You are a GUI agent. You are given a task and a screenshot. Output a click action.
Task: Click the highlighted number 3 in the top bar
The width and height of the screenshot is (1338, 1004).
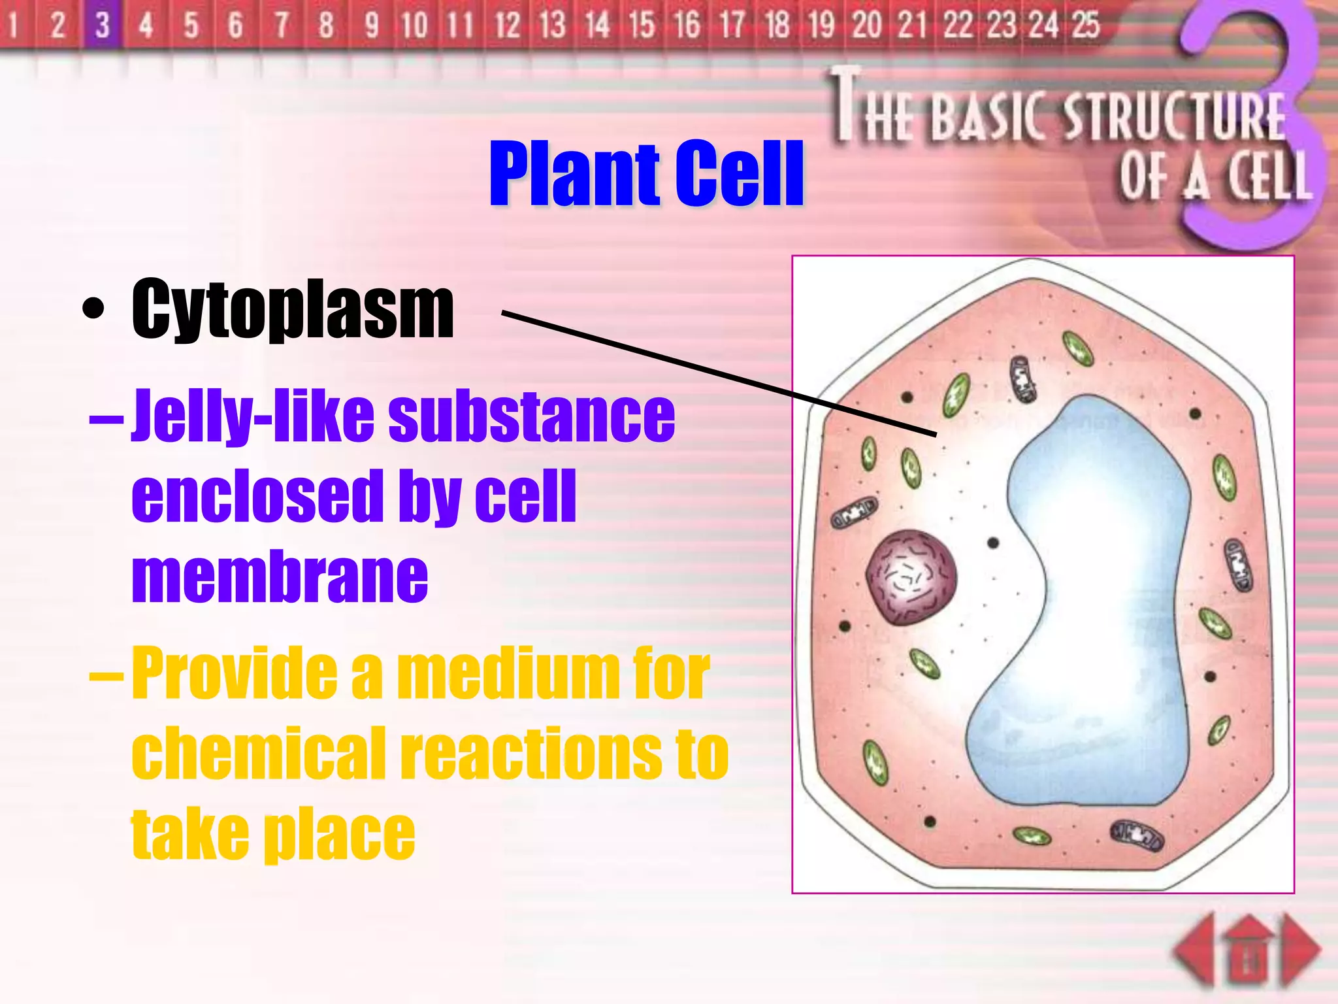coord(102,25)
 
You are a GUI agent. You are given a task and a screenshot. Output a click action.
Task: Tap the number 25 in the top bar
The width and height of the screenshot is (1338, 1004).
coord(1086,25)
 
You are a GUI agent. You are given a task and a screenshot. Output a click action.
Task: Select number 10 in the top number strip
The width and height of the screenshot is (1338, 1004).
coord(414,25)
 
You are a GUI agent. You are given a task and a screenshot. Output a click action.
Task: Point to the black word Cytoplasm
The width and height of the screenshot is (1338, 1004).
coord(292,309)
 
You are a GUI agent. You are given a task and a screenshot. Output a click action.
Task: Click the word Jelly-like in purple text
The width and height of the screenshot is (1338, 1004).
coord(253,415)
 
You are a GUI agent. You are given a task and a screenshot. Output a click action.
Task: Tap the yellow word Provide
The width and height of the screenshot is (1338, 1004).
coord(235,673)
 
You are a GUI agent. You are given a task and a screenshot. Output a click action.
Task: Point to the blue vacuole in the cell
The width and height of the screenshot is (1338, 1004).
coord(1098,588)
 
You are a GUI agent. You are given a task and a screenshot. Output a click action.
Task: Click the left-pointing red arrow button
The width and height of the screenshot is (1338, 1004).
coord(1194,949)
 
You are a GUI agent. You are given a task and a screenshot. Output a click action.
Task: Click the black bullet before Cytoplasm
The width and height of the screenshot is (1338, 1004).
coord(93,309)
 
